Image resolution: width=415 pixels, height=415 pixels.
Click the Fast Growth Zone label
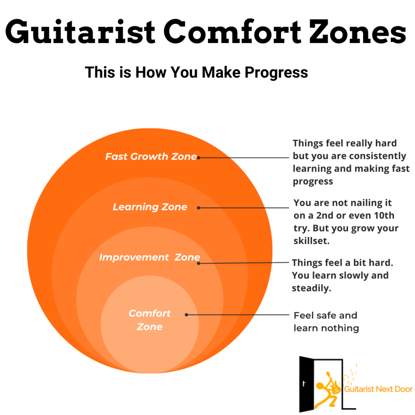pos(151,156)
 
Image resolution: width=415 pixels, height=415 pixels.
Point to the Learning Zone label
pos(150,207)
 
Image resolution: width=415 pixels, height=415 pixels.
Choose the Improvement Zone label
pos(150,257)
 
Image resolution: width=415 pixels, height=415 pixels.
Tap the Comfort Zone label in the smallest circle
pos(150,320)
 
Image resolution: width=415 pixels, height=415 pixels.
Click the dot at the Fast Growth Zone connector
pos(199,158)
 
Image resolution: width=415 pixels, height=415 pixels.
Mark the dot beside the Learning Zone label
pos(199,207)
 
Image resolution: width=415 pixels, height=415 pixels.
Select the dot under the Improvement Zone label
pos(199,263)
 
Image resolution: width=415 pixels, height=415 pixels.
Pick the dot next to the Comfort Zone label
pos(186,314)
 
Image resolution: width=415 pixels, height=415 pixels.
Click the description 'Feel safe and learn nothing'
pos(326,321)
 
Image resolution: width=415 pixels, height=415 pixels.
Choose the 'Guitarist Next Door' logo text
pos(378,389)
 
